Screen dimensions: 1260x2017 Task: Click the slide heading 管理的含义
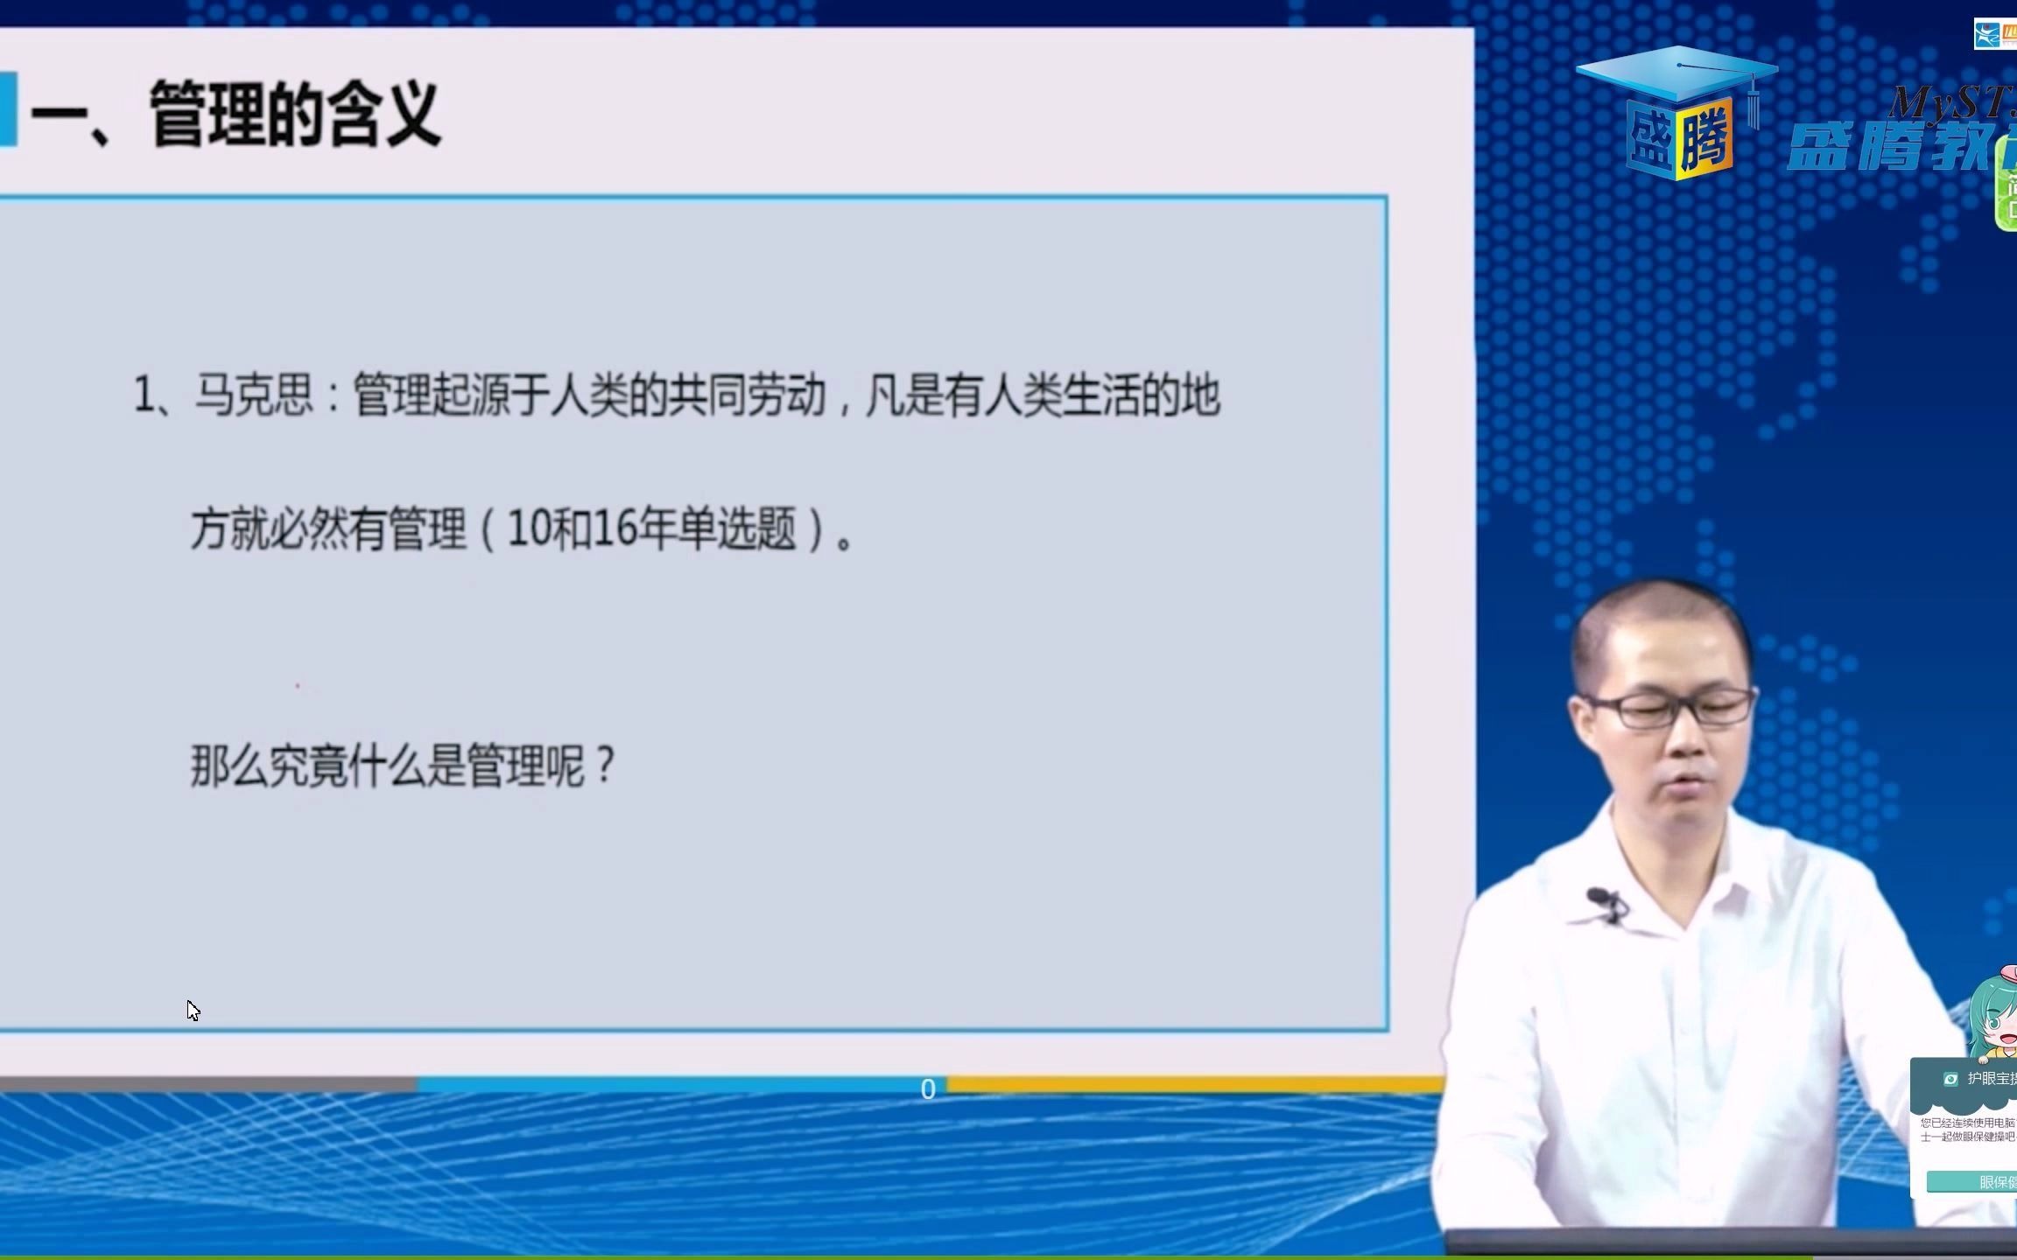pos(294,114)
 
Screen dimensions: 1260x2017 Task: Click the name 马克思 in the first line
pos(253,395)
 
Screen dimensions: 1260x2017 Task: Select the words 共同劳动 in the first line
pos(747,395)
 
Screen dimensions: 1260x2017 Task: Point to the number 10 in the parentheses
pos(527,528)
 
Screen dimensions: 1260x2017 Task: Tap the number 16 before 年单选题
pos(614,528)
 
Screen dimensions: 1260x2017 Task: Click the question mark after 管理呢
pos(605,766)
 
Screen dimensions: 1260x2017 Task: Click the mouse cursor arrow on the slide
pos(193,1010)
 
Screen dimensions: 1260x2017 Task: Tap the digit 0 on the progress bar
pos(928,1089)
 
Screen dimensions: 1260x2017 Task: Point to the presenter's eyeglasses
pos(1672,708)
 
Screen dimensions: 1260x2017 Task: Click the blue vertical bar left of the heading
pos(8,109)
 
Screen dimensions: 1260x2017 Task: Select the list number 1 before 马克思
pos(143,395)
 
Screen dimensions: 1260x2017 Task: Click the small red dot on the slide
pos(298,686)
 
